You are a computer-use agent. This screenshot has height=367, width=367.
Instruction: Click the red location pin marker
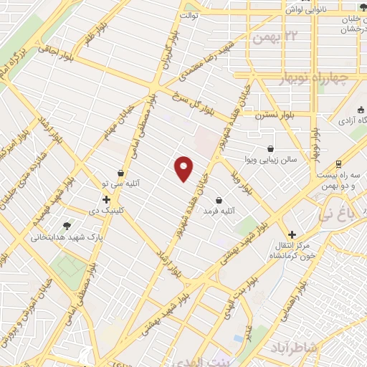(x=185, y=168)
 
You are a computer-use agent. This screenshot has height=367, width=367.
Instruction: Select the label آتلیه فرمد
(x=219, y=211)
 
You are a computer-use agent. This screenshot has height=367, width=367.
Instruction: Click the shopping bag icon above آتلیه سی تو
(x=120, y=173)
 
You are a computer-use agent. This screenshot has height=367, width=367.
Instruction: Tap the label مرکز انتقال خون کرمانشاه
(x=291, y=252)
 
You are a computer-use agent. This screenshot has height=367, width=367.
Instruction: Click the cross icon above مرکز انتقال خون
(x=292, y=234)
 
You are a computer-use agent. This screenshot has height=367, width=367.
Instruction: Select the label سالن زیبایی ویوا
(x=269, y=158)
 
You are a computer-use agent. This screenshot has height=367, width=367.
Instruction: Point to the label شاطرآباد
(x=290, y=348)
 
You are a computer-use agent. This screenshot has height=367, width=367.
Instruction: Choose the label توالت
(x=189, y=14)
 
